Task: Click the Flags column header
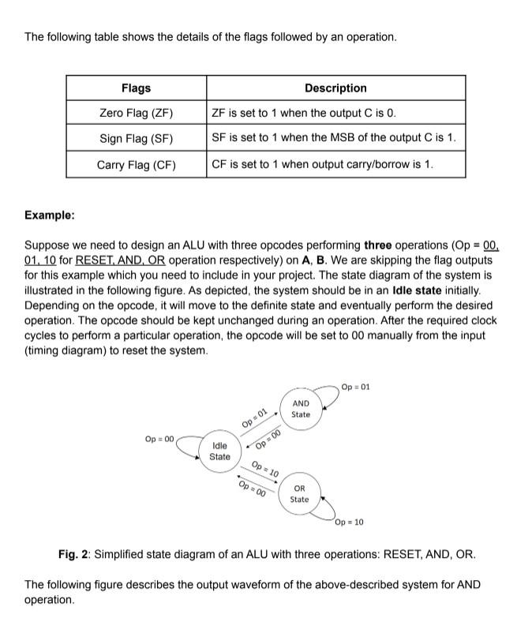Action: point(136,88)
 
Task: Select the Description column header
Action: point(335,88)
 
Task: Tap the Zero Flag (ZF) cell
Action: point(136,113)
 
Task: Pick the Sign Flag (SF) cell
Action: point(136,139)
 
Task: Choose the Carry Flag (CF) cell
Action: point(136,165)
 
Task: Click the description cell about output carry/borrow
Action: point(323,165)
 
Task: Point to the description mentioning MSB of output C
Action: point(334,139)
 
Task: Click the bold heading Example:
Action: point(50,215)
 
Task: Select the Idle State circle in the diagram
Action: point(219,451)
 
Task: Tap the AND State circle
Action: point(301,409)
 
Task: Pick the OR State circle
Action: point(299,493)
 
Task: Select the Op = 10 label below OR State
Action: point(350,522)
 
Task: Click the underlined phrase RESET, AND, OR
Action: point(120,260)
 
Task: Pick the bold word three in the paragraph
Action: point(378,245)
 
